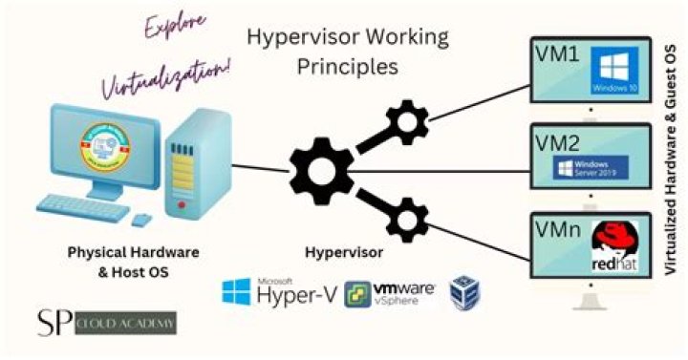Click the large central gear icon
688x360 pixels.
[x=319, y=173]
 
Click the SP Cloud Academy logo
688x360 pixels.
[x=105, y=323]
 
